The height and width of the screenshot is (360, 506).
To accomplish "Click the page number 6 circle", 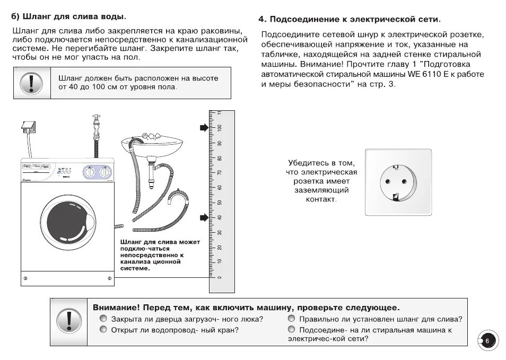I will point(487,340).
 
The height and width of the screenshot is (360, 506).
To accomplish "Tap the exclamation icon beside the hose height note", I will point(32,83).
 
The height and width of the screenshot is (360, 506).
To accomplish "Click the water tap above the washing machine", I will point(97,124).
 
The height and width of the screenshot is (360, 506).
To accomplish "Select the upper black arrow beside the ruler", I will point(204,128).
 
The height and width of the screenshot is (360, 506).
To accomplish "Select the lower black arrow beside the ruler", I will point(204,217).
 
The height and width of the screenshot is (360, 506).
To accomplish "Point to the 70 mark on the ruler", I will point(220,173).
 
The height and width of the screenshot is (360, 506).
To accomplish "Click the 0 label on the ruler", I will point(220,277).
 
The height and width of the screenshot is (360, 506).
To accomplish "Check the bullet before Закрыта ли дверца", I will point(103,319).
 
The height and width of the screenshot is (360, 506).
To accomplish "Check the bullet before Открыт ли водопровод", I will point(103,330).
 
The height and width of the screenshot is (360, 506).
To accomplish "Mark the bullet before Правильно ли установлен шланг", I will point(291,319).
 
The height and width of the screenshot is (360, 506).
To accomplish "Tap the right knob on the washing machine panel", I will point(106,172).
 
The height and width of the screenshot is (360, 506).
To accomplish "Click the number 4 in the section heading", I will point(261,19).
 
